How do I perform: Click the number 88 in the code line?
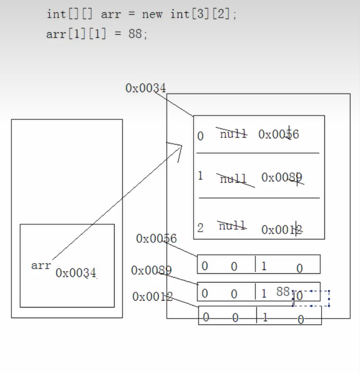(135, 34)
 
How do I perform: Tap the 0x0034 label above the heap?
(146, 88)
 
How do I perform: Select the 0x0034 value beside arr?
(76, 273)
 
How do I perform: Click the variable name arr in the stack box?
(41, 266)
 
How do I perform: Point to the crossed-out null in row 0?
(233, 134)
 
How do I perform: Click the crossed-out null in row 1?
(234, 178)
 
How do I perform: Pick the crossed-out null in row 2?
(232, 226)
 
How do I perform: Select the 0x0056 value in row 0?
(279, 135)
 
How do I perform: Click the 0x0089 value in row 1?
(282, 178)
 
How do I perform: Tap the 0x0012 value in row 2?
(282, 230)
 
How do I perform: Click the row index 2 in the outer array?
(200, 229)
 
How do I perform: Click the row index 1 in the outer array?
(200, 176)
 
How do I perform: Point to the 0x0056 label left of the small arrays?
(156, 239)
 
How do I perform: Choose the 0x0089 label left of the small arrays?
(151, 270)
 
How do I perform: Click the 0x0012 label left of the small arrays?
(153, 297)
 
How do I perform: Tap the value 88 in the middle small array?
(283, 292)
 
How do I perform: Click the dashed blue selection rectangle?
(311, 297)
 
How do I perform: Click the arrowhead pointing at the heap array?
(176, 148)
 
